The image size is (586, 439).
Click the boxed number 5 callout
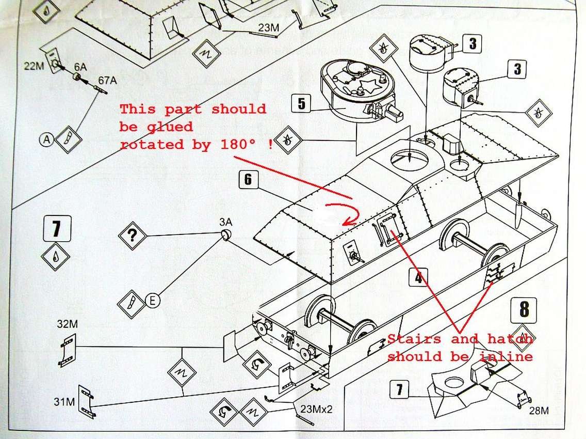(x=302, y=103)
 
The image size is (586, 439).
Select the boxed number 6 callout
(x=249, y=180)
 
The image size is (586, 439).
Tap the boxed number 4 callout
(x=418, y=277)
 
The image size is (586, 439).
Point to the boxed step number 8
(x=524, y=309)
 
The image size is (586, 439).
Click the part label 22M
(x=34, y=66)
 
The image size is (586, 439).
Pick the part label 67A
(x=107, y=80)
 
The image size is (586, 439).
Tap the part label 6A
(x=80, y=67)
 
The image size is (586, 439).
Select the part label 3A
(x=225, y=222)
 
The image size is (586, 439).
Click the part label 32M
(x=67, y=324)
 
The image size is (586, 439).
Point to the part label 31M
(x=64, y=402)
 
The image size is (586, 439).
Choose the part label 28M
(x=539, y=411)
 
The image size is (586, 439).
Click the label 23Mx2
(x=316, y=409)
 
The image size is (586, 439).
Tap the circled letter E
(x=153, y=301)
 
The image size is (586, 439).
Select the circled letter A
(x=46, y=139)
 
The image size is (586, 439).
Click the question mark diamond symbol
(x=132, y=236)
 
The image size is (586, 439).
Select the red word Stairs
(x=414, y=339)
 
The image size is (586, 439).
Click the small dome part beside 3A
(x=226, y=234)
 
